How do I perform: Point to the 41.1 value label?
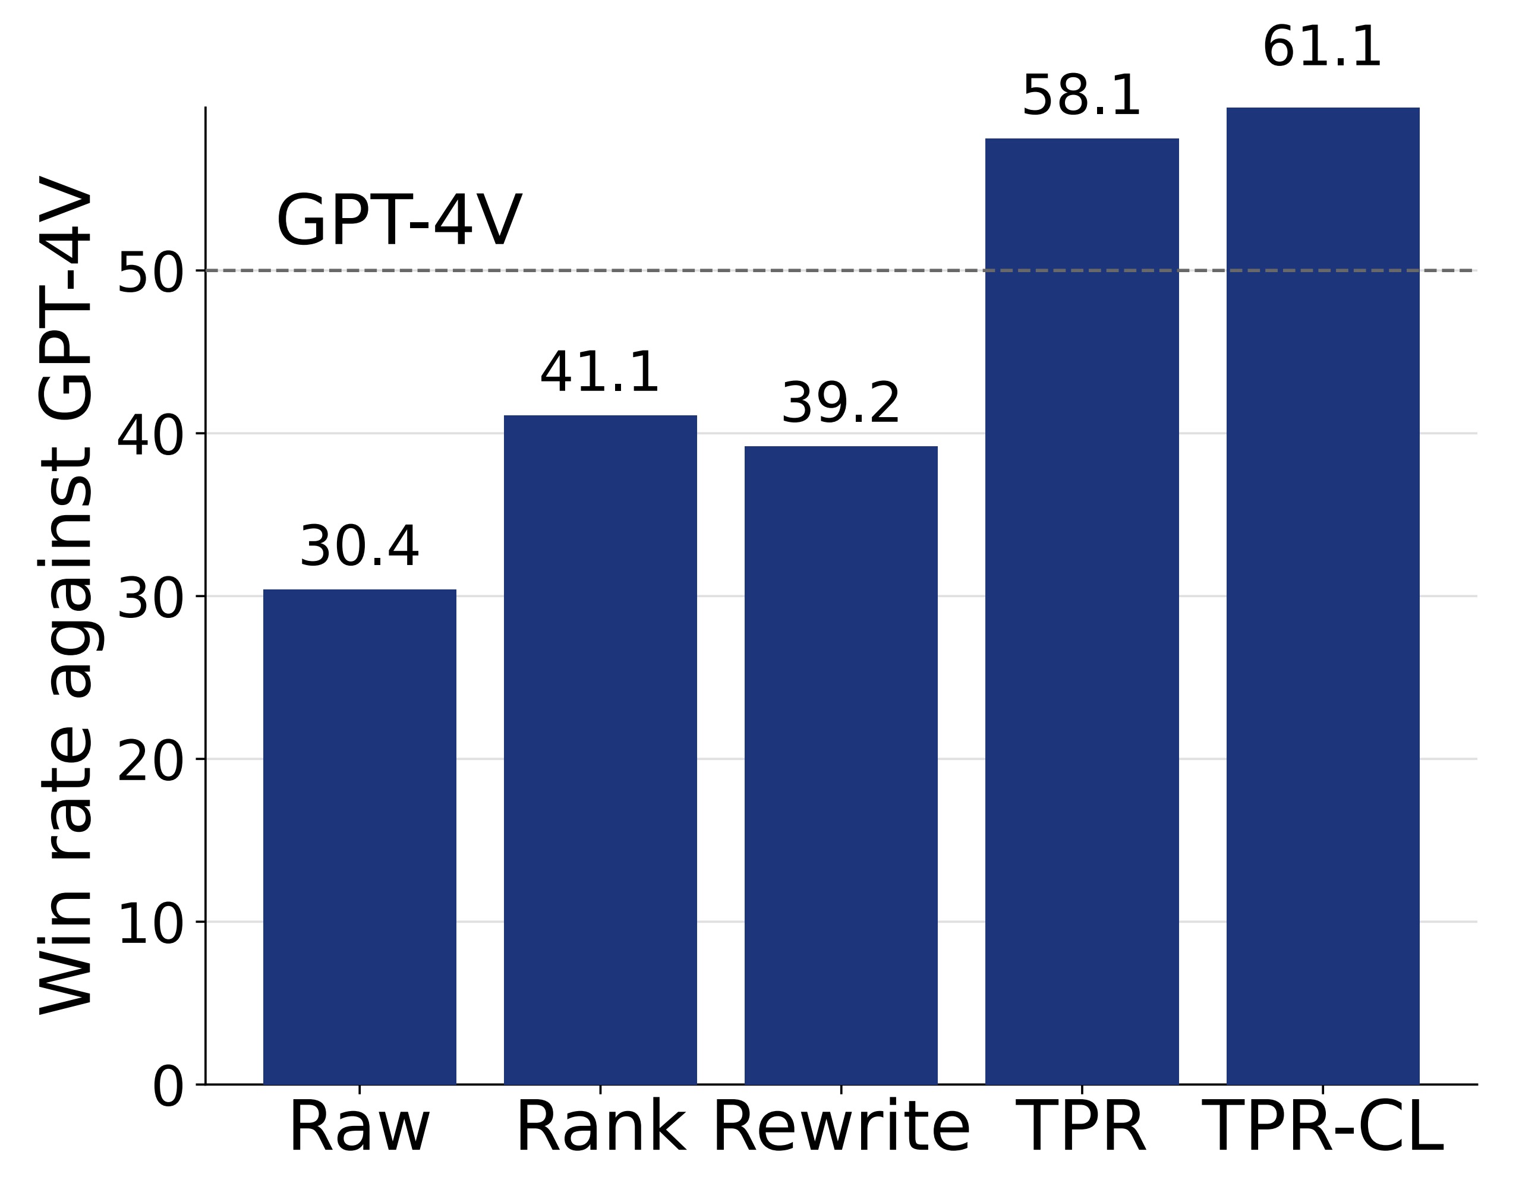pyautogui.click(x=600, y=373)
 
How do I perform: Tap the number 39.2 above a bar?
pyautogui.click(x=841, y=403)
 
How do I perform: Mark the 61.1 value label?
pyautogui.click(x=1322, y=48)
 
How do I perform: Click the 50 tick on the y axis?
pyautogui.click(x=150, y=272)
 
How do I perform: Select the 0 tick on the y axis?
pyautogui.click(x=168, y=1087)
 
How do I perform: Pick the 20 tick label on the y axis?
pyautogui.click(x=150, y=761)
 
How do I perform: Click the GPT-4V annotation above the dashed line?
pyautogui.click(x=399, y=221)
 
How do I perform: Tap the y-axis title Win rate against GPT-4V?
pyautogui.click(x=65, y=595)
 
